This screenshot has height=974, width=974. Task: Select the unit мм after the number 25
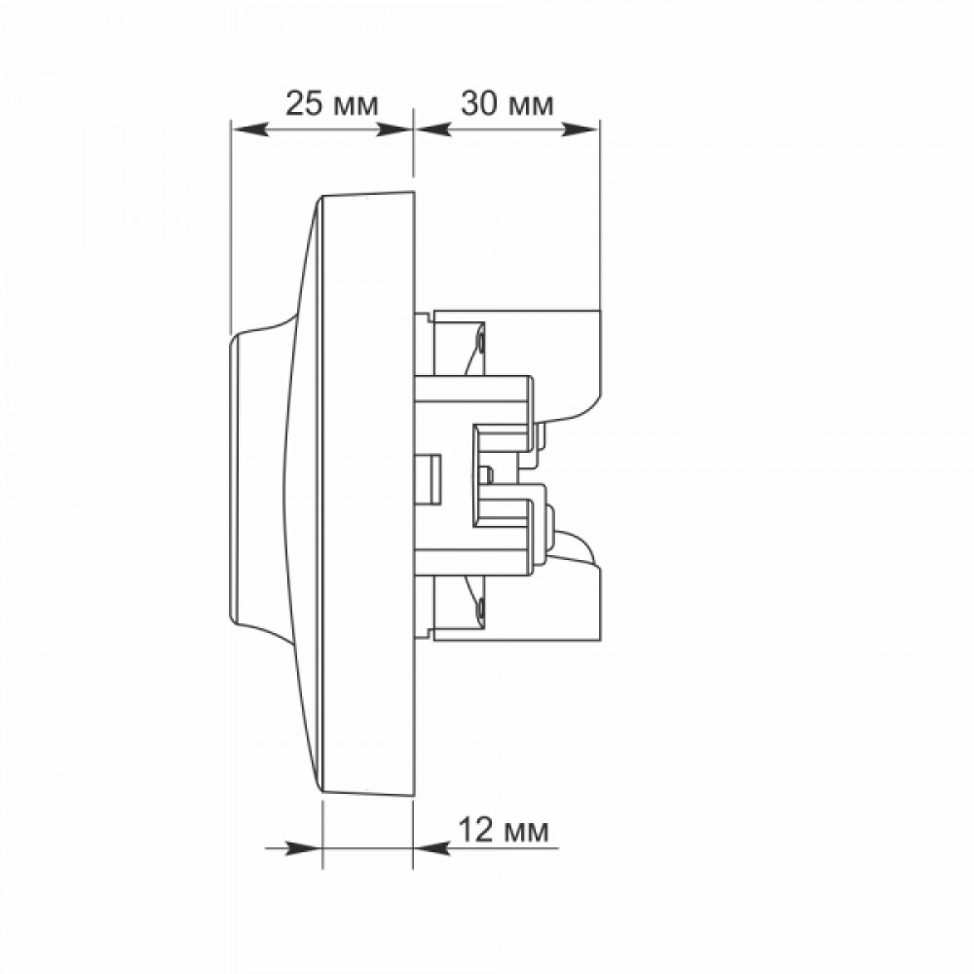point(356,106)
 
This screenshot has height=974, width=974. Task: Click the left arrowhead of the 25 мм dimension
point(249,130)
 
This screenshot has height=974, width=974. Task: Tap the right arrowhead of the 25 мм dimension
point(394,130)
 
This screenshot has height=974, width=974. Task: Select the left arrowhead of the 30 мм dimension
point(432,130)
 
